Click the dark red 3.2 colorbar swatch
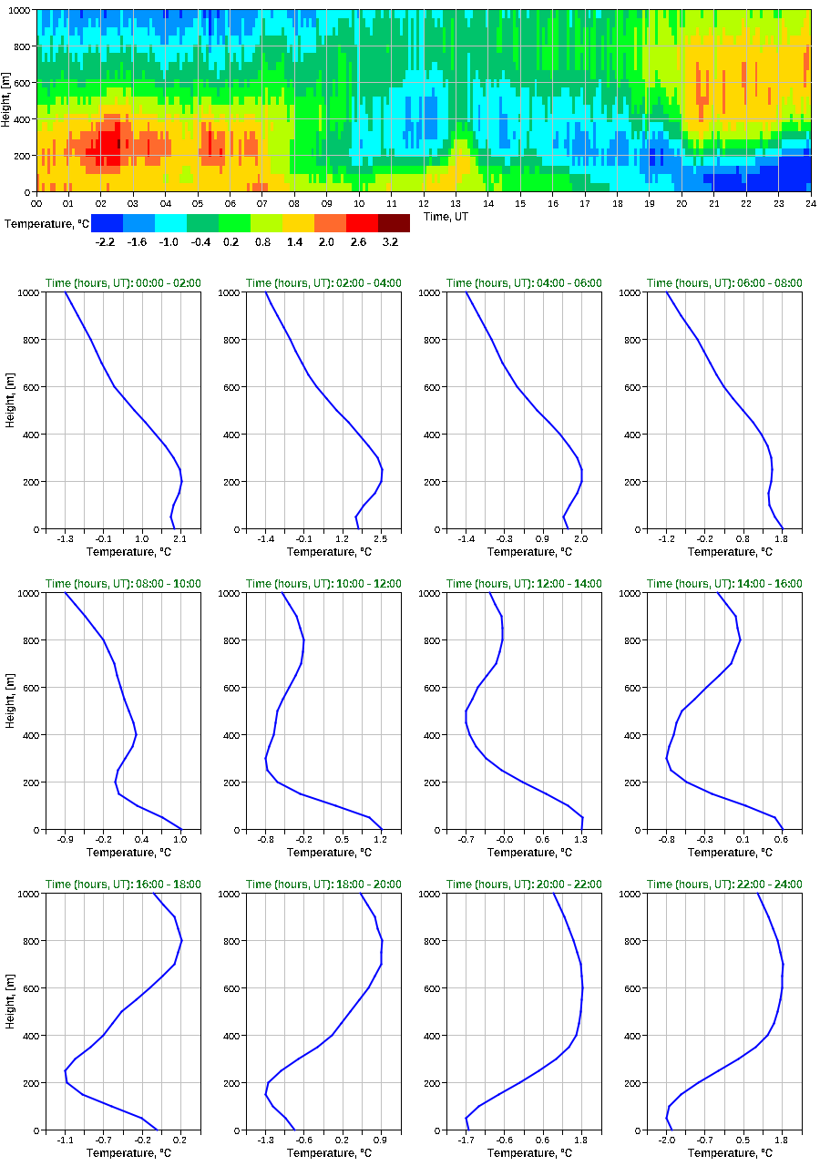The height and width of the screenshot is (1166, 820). tap(394, 222)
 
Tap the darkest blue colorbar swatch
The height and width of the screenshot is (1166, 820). tap(107, 222)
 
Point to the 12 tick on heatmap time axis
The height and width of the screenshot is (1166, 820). tap(424, 202)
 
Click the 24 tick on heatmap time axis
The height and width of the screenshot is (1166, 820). tap(810, 202)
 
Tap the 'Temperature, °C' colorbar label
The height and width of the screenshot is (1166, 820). tap(46, 223)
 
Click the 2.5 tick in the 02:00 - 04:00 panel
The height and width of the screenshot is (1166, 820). tap(381, 539)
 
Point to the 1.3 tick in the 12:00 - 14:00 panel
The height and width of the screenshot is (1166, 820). tap(581, 840)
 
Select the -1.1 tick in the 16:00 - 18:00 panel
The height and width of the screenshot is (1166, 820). tap(65, 1140)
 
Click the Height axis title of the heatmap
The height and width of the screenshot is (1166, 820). tap(6, 100)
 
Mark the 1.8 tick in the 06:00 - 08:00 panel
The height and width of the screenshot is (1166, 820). tap(782, 539)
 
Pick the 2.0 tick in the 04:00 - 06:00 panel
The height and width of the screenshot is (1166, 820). tap(581, 539)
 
